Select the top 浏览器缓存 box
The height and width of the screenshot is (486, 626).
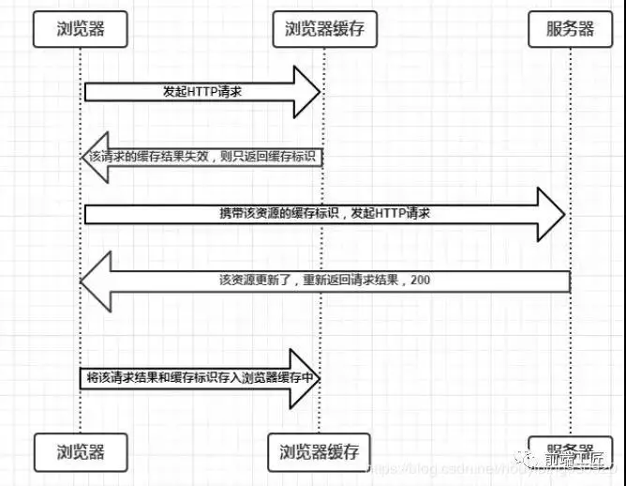click(323, 29)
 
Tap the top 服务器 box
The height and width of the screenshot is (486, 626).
click(569, 29)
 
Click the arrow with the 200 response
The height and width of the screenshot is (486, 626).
click(328, 280)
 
